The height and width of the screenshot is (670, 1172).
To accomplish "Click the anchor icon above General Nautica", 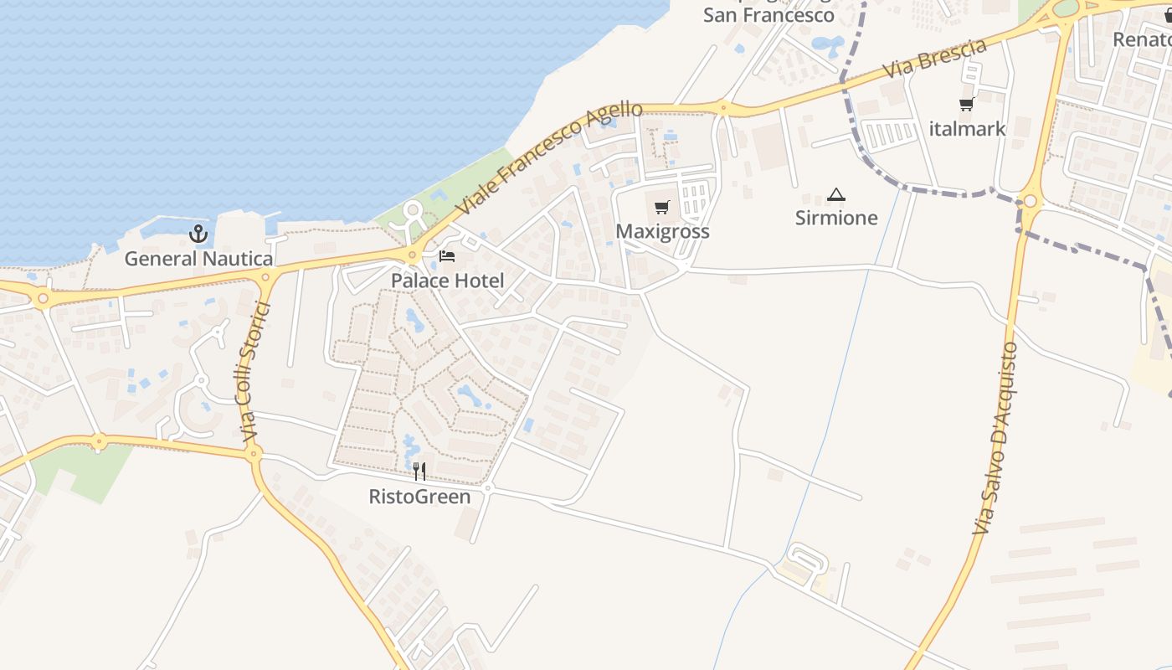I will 198,234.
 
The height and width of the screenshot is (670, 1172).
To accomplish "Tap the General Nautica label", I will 198,259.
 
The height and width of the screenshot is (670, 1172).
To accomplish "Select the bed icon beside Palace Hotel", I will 447,256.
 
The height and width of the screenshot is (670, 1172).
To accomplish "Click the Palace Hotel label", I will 448,281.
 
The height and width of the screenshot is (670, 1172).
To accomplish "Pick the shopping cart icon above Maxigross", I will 662,207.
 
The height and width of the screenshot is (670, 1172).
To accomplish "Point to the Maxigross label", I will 662,231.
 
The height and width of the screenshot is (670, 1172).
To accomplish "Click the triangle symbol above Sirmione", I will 835,195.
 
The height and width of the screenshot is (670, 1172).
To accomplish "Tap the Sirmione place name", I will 836,218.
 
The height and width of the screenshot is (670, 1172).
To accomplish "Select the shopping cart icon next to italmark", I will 967,105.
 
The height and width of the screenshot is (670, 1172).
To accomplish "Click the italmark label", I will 967,129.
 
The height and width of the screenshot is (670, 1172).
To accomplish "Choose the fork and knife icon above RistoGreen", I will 419,472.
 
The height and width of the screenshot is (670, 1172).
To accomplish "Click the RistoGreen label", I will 419,497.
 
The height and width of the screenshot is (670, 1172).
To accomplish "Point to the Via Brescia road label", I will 936,60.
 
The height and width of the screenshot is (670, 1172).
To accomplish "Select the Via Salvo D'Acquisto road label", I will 995,438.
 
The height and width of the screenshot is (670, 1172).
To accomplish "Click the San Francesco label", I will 768,15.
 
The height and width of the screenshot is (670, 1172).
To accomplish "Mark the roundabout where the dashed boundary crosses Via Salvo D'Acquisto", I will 1029,202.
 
